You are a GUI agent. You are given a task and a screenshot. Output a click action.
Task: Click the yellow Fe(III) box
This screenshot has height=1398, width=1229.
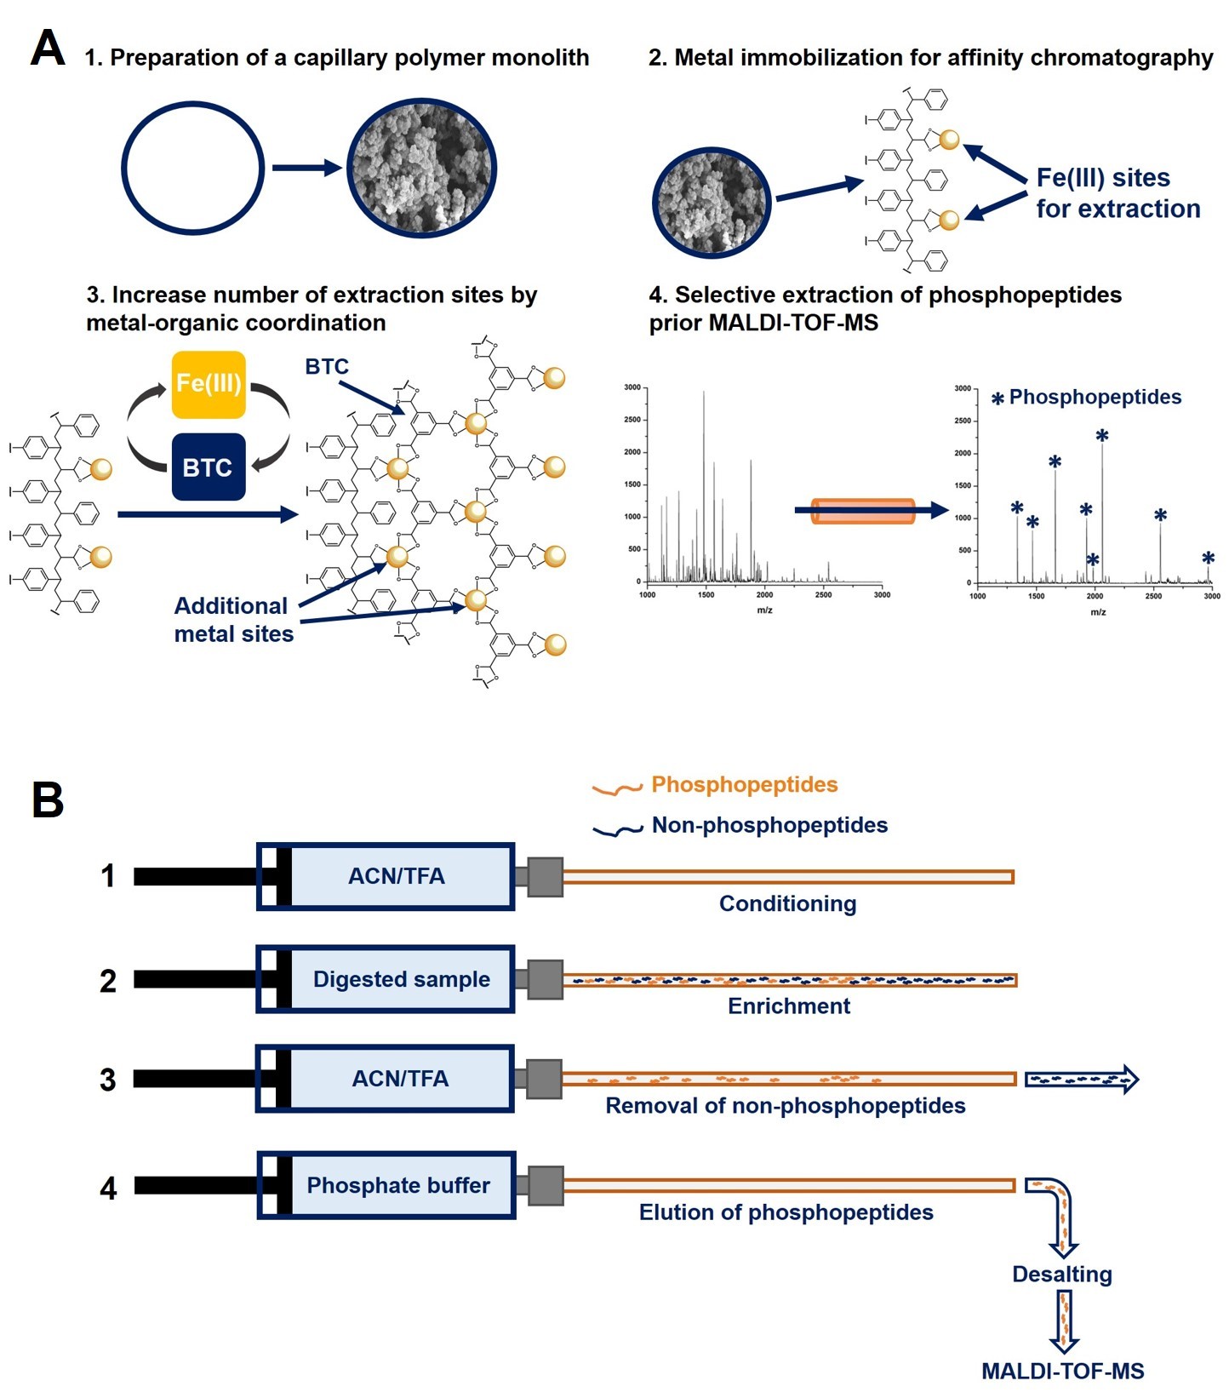[209, 384]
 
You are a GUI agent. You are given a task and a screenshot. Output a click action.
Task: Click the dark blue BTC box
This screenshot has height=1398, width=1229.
[209, 467]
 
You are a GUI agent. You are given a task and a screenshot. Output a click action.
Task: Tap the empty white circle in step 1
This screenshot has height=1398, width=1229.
[193, 168]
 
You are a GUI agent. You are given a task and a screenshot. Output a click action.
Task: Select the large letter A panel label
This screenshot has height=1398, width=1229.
[48, 49]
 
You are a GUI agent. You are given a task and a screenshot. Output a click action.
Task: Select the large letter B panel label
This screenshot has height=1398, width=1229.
[48, 800]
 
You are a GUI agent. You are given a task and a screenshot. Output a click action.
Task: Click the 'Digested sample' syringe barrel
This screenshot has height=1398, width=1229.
[401, 979]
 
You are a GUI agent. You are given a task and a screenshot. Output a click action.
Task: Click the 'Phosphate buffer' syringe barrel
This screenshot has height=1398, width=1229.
[398, 1185]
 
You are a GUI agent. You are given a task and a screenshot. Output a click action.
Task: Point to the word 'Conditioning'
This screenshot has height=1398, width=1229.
[787, 903]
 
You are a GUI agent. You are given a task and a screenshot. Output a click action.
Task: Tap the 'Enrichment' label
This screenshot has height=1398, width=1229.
[789, 1006]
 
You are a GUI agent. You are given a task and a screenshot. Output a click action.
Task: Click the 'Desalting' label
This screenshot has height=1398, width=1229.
[1061, 1275]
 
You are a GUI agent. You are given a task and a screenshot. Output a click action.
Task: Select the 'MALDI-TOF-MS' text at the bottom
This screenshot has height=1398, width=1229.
[1062, 1372]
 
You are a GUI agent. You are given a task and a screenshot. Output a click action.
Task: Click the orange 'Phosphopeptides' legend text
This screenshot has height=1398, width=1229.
[744, 784]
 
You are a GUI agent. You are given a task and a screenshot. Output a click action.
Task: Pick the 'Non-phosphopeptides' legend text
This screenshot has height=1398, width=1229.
[769, 825]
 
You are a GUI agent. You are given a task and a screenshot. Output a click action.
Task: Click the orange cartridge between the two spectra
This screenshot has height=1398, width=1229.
[862, 511]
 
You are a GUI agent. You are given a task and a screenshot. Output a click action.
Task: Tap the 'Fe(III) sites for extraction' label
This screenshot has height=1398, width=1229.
[1118, 193]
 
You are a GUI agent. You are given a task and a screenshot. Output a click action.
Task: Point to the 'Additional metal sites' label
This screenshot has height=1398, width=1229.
[233, 620]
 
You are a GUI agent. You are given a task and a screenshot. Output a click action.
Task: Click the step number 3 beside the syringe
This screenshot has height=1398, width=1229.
[107, 1080]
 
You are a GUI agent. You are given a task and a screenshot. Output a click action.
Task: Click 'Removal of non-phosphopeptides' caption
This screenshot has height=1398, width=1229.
[785, 1106]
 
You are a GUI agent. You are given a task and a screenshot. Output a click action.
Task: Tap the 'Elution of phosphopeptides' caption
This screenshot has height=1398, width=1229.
[786, 1212]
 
